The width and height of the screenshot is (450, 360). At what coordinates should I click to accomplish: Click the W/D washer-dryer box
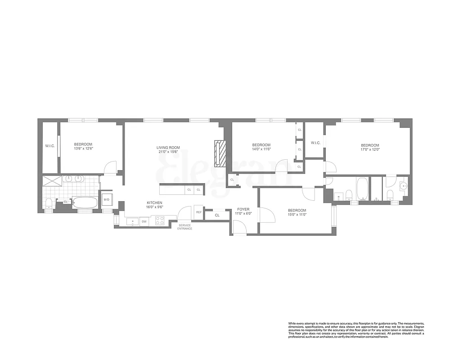(107, 199)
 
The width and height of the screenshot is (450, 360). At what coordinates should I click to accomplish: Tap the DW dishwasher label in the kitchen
(144, 221)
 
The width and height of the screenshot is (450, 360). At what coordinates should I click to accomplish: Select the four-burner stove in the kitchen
(160, 220)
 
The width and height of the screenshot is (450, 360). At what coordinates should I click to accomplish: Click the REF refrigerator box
(198, 212)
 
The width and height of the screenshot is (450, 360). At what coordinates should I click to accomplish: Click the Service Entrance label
(185, 227)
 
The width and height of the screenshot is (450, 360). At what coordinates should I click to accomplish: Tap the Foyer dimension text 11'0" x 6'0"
(243, 213)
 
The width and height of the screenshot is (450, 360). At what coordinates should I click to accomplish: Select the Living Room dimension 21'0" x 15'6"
(168, 152)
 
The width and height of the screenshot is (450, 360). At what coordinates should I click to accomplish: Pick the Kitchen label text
(154, 203)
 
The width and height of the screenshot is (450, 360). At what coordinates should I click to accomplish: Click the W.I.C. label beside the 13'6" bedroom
(49, 146)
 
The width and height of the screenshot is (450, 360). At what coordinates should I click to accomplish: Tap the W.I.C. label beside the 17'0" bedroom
(315, 143)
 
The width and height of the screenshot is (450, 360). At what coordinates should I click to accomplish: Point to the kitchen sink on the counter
(132, 221)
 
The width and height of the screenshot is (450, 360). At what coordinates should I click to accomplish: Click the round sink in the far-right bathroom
(403, 185)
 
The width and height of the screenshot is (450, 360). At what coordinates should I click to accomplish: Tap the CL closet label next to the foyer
(217, 215)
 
